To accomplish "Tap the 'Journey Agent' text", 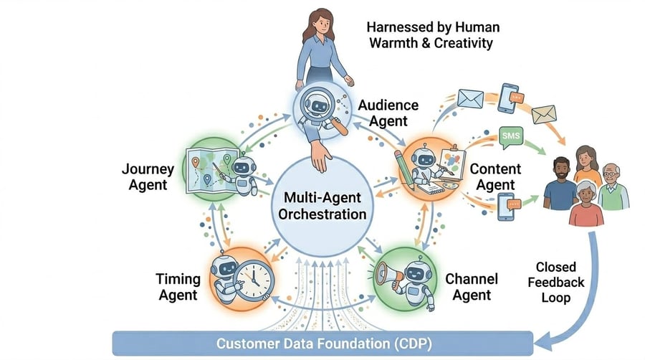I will tap(148, 176).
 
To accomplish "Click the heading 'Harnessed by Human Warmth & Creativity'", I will tap(433, 34).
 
